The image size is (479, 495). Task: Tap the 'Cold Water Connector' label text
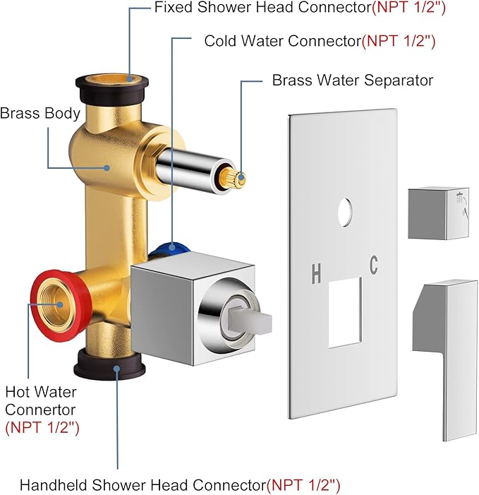pyautogui.click(x=282, y=41)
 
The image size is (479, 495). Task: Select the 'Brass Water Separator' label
pyautogui.click(x=352, y=80)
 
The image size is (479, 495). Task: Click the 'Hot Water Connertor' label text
pyautogui.click(x=41, y=400)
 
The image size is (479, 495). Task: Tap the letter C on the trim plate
pyautogui.click(x=373, y=265)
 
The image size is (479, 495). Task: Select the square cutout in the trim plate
pyautogui.click(x=345, y=311)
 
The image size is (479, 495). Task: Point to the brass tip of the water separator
pyautogui.click(x=239, y=179)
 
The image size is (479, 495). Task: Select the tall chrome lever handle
pyautogui.click(x=443, y=353)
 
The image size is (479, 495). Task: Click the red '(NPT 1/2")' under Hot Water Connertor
pyautogui.click(x=42, y=427)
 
